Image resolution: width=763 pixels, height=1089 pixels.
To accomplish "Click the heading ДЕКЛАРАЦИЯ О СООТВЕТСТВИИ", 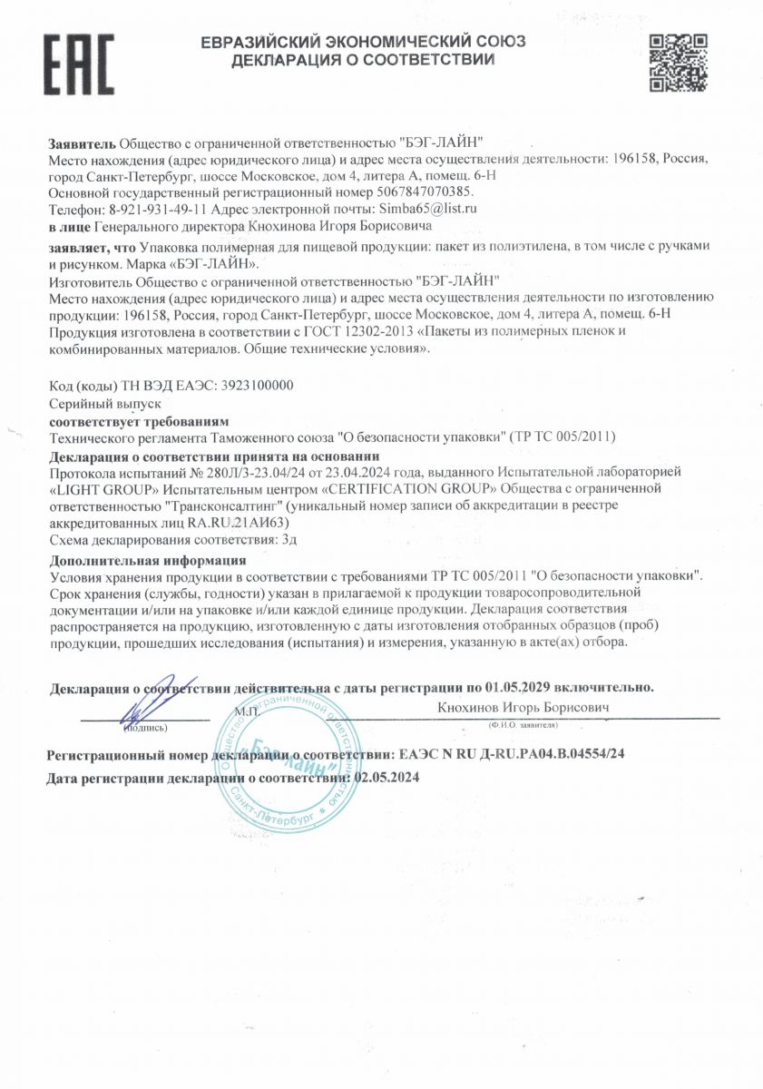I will [x=363, y=61].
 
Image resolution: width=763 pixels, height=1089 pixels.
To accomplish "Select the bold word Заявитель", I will [x=82, y=143].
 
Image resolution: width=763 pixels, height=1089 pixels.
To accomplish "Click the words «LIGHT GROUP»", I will [x=100, y=489].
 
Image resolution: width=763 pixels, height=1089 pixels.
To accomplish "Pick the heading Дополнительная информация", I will [x=148, y=560].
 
